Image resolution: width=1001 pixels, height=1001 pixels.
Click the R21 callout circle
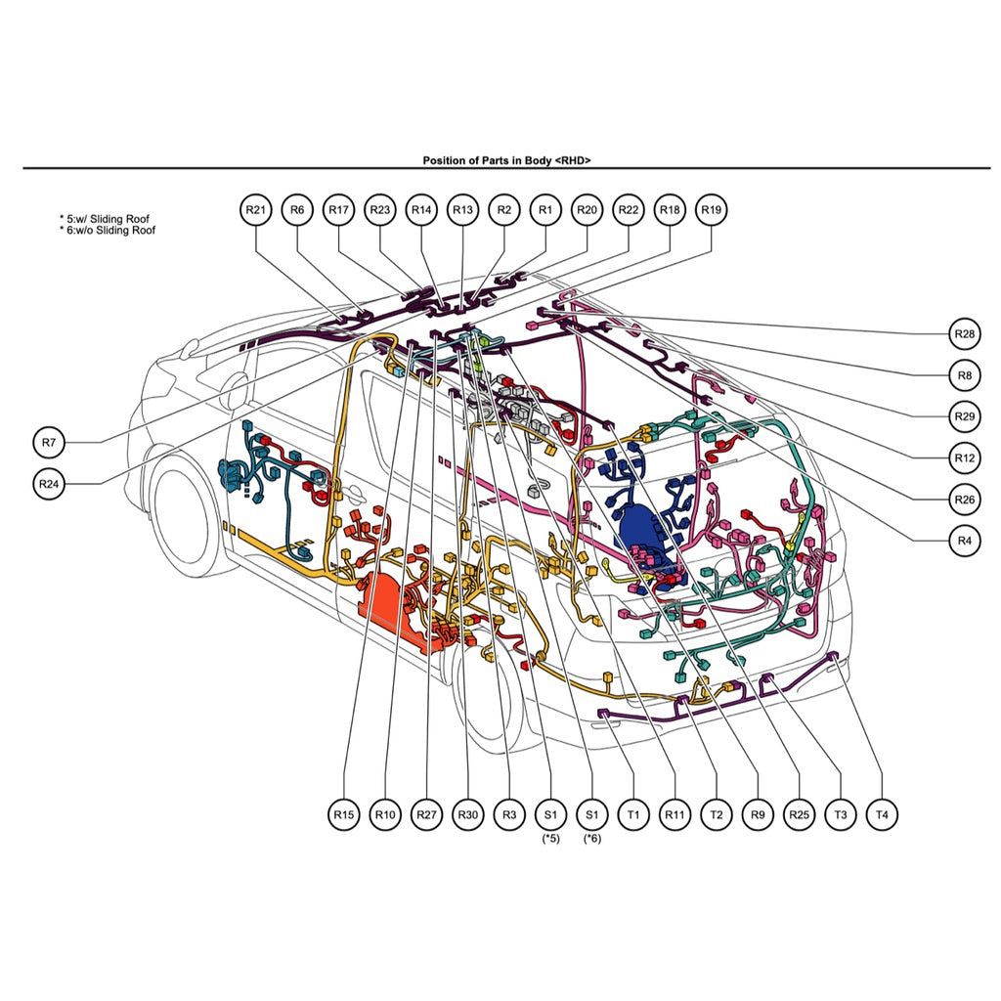(x=255, y=209)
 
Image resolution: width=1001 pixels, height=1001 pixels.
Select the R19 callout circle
(x=712, y=209)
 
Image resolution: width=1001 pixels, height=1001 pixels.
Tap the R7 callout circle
(x=50, y=442)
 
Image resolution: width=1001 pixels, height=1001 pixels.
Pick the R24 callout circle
(x=50, y=483)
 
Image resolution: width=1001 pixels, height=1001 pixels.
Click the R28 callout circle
(x=965, y=333)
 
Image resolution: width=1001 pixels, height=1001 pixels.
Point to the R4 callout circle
(x=965, y=540)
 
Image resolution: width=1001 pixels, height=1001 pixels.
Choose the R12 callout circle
(x=965, y=457)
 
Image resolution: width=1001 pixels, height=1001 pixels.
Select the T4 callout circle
(x=883, y=813)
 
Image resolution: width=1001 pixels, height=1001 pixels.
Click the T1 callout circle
(x=633, y=813)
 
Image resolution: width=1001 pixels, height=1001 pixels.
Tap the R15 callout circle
(x=343, y=813)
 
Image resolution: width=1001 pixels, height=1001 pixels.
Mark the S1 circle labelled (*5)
(x=550, y=813)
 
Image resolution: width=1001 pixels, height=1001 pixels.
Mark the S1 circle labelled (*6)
(x=591, y=813)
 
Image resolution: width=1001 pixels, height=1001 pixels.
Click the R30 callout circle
(x=468, y=813)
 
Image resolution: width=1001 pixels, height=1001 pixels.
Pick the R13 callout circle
(x=462, y=209)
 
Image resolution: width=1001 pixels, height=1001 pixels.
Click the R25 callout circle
(x=800, y=813)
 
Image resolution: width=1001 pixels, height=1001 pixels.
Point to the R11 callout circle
(x=675, y=813)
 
